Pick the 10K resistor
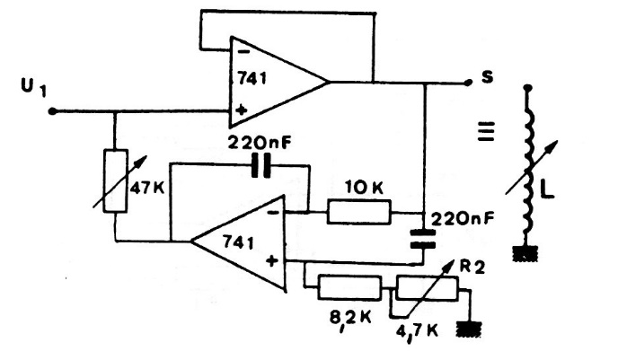tap(359, 212)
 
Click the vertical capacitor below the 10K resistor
tap(422, 238)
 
